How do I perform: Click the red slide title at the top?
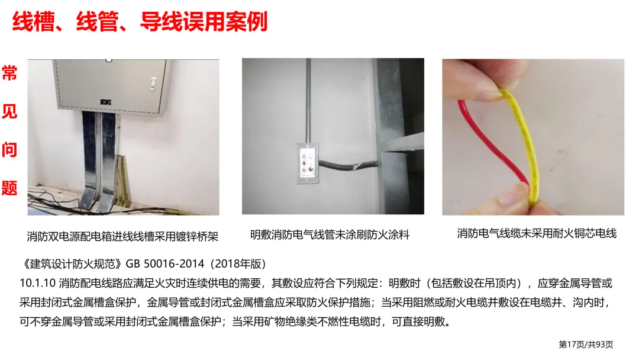pos(140,21)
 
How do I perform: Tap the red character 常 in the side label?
pos(9,73)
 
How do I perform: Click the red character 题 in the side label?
pos(9,188)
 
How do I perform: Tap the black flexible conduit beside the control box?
pos(348,166)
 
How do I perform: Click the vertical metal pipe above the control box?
pos(308,101)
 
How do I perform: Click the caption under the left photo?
pos(122,236)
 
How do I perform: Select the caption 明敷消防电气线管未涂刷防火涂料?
pos(330,235)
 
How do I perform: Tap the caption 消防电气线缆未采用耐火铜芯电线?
pos(536,233)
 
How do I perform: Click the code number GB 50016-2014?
pos(165,263)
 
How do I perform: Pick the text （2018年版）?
pos(238,263)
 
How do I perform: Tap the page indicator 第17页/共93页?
pos(586,345)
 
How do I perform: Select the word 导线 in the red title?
pos(161,21)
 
